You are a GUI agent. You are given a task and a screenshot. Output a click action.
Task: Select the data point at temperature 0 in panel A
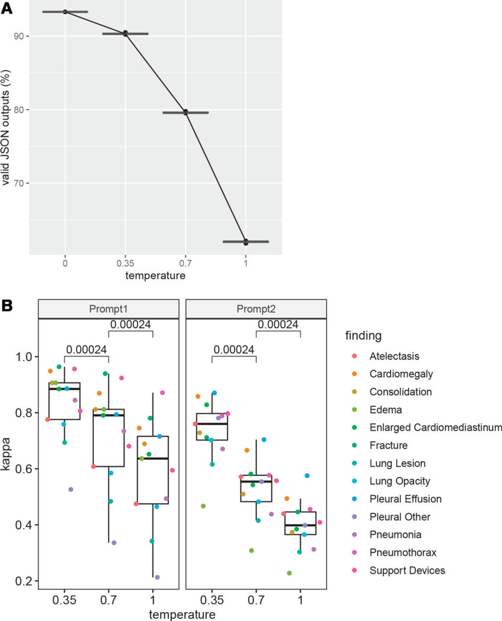pyautogui.click(x=65, y=12)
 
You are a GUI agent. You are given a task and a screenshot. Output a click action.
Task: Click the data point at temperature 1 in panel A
pyautogui.click(x=246, y=241)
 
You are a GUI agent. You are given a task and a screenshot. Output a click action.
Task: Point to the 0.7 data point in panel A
pyautogui.click(x=185, y=112)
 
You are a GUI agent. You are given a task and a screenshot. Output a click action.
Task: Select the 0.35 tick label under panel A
pyautogui.click(x=125, y=263)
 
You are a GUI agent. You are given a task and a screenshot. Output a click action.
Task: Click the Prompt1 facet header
pyautogui.click(x=108, y=309)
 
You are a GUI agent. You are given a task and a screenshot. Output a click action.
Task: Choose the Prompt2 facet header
pyautogui.click(x=256, y=309)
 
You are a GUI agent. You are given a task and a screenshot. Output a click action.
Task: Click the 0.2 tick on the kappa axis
pyautogui.click(x=23, y=581)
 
